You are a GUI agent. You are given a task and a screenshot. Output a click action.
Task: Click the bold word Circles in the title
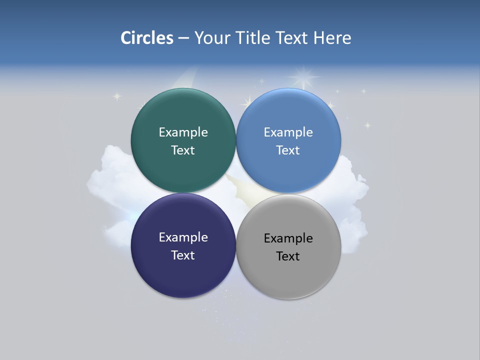146,38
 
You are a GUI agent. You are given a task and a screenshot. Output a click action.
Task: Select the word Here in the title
332,38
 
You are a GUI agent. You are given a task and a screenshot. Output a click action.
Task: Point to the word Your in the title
211,38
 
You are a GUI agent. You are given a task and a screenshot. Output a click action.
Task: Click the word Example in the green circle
183,132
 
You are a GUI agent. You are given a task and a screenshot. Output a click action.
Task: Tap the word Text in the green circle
183,150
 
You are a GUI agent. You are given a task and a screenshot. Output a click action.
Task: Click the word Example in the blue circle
288,132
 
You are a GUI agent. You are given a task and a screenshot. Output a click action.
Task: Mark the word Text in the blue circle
288,150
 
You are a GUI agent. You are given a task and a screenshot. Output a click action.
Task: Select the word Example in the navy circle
183,237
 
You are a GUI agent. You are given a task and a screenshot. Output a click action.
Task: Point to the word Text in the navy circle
183,255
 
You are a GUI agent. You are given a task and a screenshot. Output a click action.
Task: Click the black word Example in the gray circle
288,238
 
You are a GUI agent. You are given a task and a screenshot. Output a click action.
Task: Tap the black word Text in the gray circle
288,256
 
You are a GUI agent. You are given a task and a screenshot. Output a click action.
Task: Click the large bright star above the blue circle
303,77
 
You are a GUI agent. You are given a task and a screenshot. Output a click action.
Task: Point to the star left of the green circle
117,96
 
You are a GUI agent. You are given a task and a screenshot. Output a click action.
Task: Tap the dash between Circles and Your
183,38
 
